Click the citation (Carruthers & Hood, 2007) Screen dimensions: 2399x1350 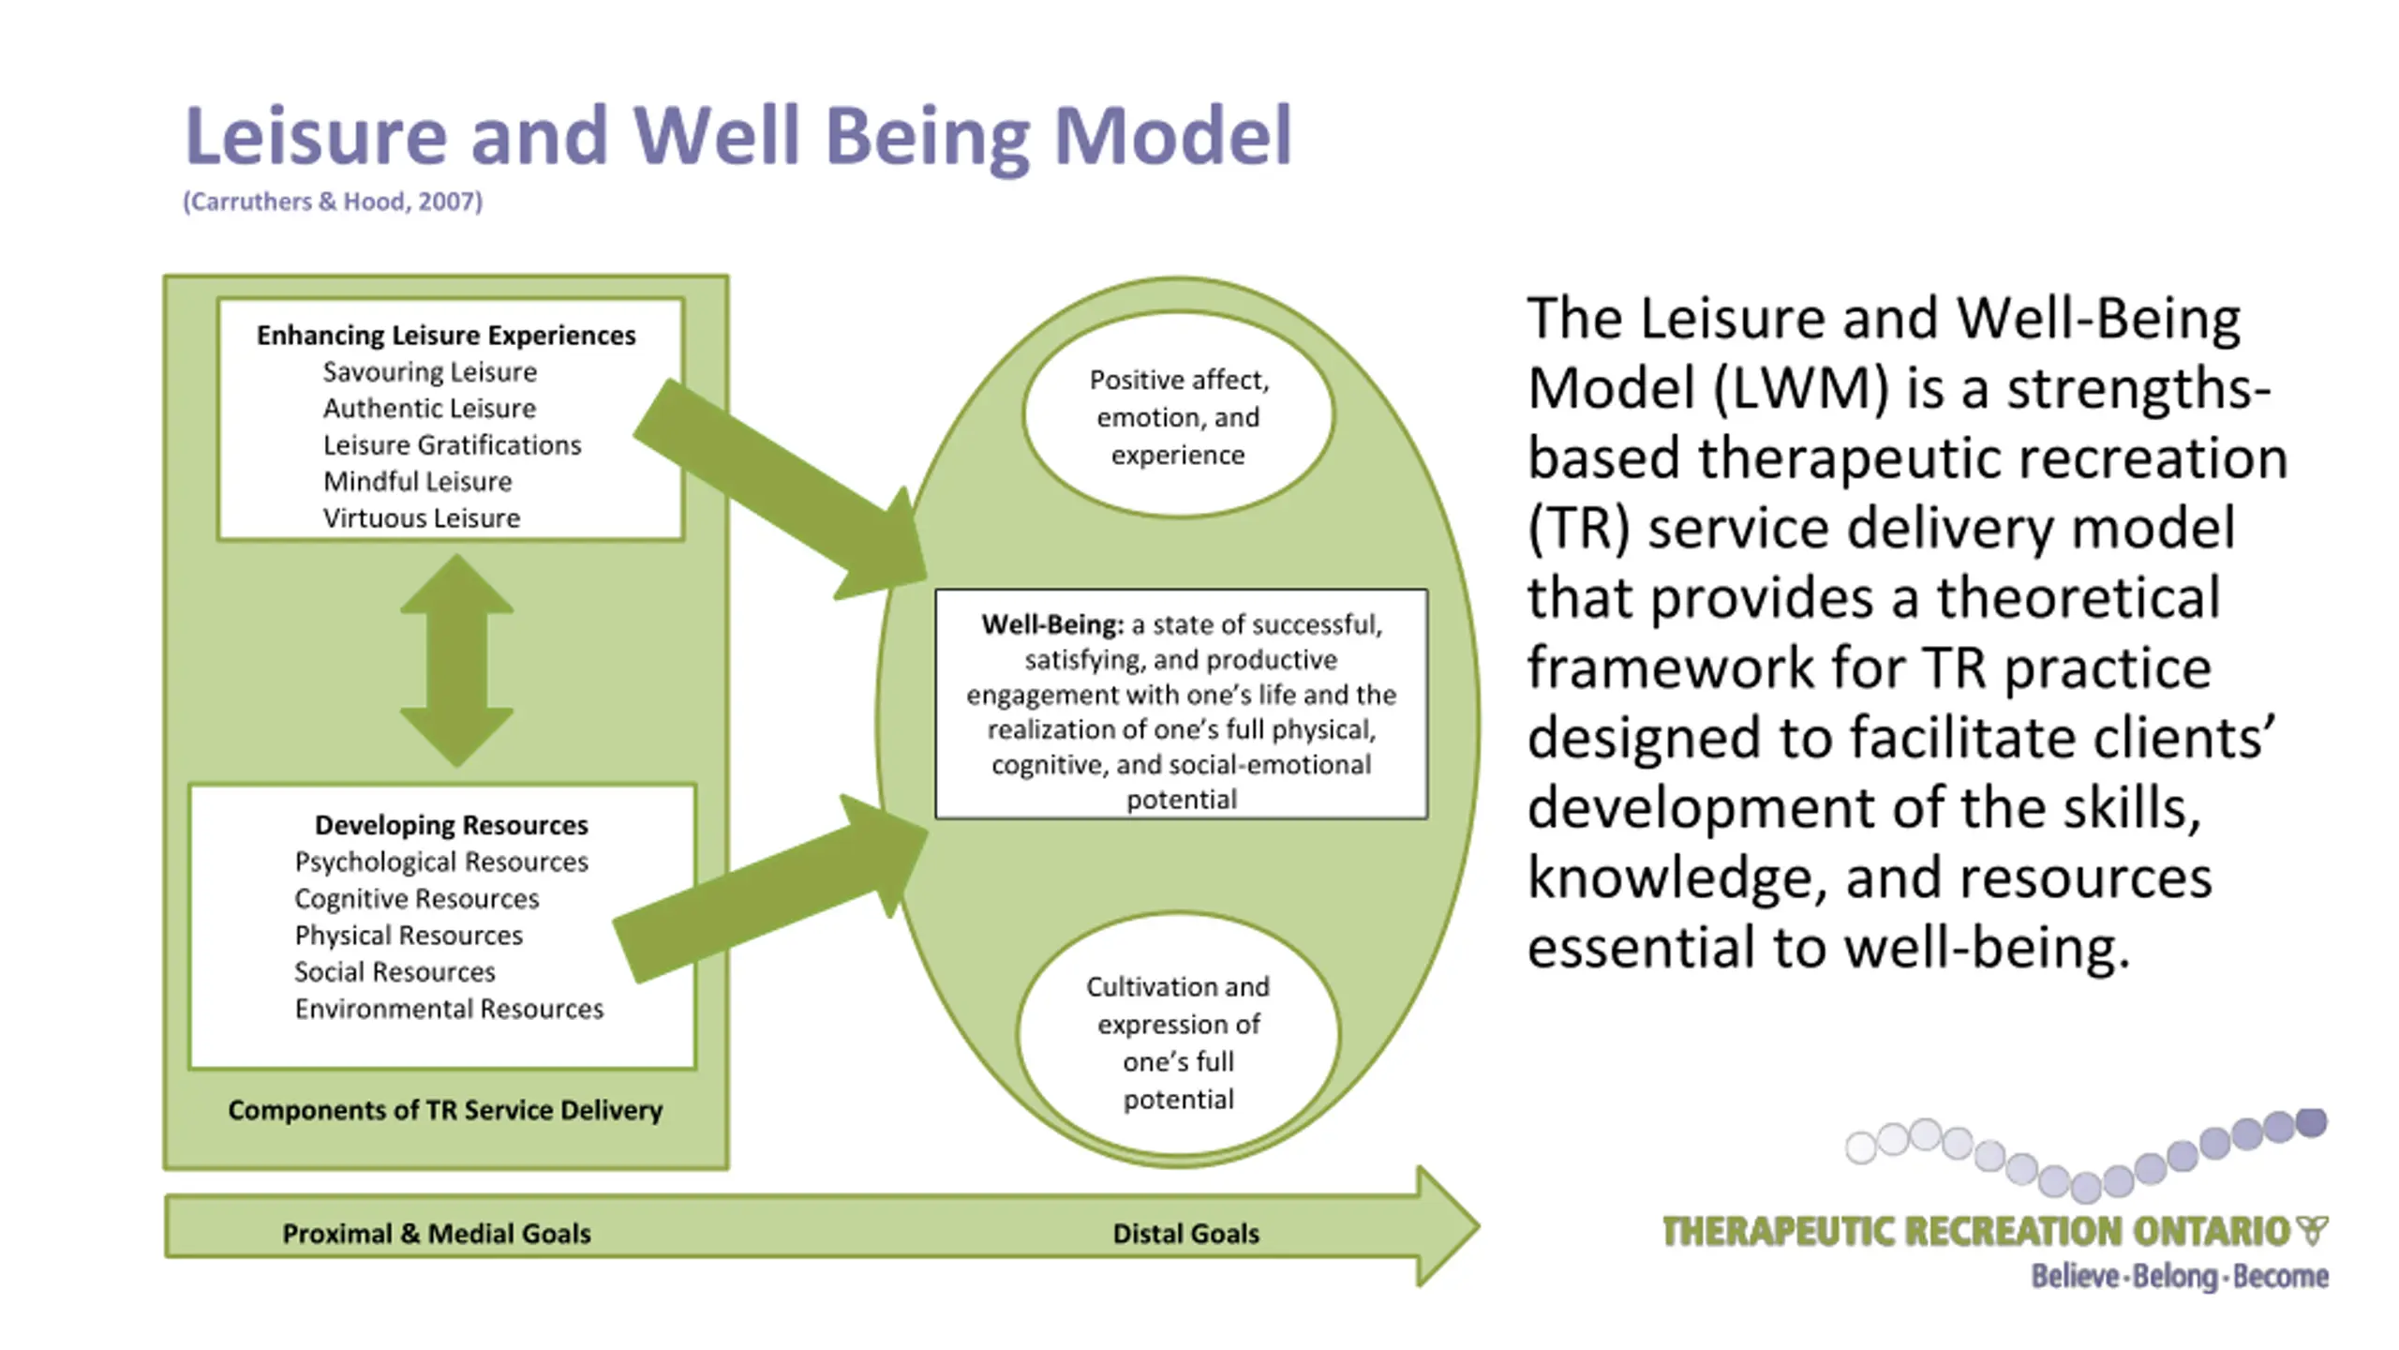click(333, 202)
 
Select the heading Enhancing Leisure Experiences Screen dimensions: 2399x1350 click(446, 335)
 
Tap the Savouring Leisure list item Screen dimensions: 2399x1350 click(430, 372)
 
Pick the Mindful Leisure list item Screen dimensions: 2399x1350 click(418, 482)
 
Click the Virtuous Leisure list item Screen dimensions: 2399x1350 click(422, 518)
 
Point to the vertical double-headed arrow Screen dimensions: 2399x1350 click(456, 660)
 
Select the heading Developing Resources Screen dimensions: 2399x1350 click(452, 825)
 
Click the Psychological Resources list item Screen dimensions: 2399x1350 click(441, 862)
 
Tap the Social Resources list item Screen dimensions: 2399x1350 click(395, 972)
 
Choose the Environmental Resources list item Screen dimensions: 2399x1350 click(449, 1009)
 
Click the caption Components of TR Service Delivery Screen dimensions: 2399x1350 click(445, 1110)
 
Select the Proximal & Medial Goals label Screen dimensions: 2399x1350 click(437, 1234)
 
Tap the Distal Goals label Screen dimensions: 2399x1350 click(1185, 1234)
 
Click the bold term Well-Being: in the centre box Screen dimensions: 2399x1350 click(1052, 624)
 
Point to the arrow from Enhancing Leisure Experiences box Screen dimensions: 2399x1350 click(781, 488)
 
